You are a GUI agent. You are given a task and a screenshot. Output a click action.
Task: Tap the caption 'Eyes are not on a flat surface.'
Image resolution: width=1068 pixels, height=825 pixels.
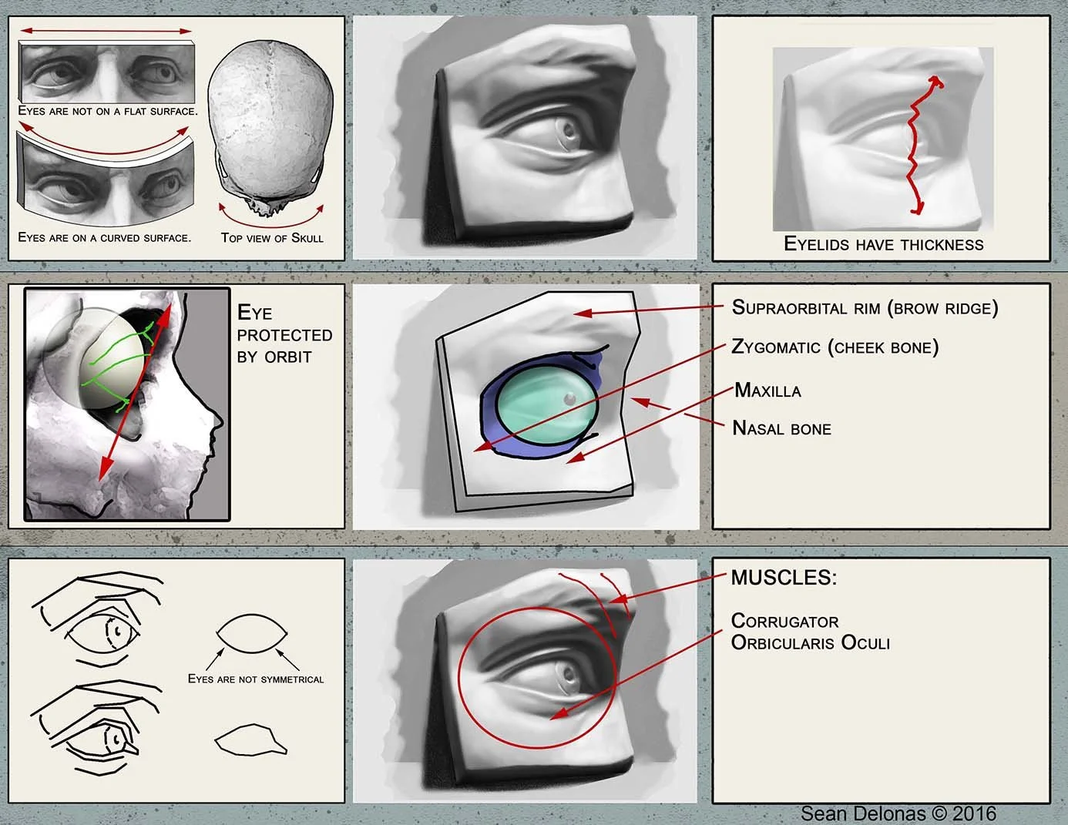click(107, 111)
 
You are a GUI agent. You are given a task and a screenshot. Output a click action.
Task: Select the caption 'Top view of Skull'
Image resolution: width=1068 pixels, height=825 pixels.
click(272, 238)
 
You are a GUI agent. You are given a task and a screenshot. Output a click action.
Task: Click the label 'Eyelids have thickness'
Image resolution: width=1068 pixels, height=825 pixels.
click(883, 245)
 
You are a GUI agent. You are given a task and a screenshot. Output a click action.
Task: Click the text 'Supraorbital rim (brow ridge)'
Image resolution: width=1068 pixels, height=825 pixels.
click(865, 308)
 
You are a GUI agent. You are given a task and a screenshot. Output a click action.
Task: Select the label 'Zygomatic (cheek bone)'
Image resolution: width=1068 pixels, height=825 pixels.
click(835, 347)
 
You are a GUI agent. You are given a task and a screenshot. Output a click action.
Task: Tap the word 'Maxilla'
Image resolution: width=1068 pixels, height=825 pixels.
click(767, 391)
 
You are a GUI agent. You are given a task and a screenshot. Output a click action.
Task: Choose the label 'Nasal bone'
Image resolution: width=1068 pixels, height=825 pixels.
click(781, 429)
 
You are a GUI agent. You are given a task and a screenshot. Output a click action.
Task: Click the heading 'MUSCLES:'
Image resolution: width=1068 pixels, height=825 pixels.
click(784, 578)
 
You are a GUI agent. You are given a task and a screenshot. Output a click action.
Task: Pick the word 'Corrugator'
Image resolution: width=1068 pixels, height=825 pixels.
click(784, 621)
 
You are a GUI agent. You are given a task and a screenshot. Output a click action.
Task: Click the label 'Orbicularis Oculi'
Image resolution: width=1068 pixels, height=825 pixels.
click(810, 642)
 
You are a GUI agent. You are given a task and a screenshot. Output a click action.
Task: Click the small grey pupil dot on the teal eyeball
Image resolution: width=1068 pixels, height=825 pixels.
click(569, 398)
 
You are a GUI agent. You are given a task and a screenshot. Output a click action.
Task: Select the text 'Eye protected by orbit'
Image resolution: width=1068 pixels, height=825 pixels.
click(284, 335)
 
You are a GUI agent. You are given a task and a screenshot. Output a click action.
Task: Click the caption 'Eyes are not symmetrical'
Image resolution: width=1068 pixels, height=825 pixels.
click(256, 679)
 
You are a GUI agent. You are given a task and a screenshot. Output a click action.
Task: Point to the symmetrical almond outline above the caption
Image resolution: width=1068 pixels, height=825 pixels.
click(252, 634)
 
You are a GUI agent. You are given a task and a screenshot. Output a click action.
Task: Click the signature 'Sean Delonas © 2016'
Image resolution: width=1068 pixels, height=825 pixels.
click(898, 813)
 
